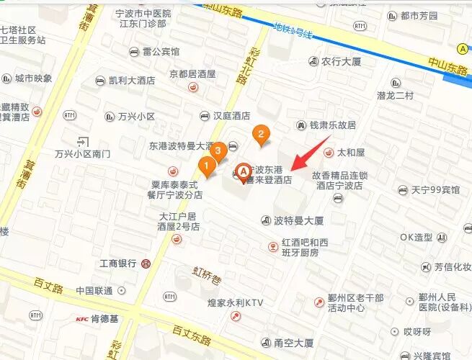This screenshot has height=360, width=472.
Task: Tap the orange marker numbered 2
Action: tap(260, 133)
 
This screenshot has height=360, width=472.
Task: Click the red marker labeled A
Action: tap(244, 171)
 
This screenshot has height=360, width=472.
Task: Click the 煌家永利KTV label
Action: tap(235, 304)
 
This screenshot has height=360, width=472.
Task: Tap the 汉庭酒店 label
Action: tap(231, 116)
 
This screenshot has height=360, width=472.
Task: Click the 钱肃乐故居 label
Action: tap(333, 125)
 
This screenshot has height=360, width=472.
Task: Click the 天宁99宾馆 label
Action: tap(435, 190)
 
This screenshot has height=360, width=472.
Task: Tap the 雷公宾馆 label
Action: tap(161, 52)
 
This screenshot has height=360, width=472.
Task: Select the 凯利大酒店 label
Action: tap(132, 81)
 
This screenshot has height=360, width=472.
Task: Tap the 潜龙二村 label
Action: tap(395, 96)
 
